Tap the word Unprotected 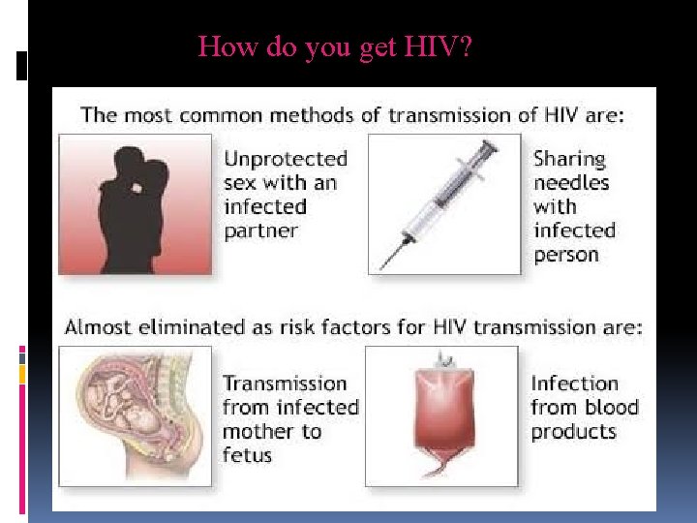(x=285, y=159)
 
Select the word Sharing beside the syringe (x=569, y=159)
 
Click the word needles (x=571, y=182)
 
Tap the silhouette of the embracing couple (x=136, y=208)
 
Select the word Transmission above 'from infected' (x=285, y=384)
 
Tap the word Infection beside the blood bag (x=574, y=384)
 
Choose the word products (x=573, y=431)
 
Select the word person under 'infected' (x=566, y=255)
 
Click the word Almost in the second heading (x=100, y=327)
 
